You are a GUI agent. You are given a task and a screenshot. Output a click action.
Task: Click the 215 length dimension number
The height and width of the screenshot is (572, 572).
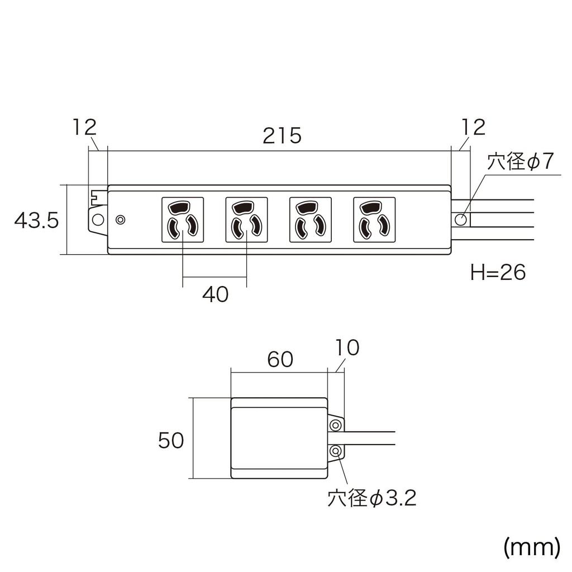[x=282, y=136]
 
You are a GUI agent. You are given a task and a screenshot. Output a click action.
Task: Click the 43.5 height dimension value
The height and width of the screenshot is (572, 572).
[x=36, y=221]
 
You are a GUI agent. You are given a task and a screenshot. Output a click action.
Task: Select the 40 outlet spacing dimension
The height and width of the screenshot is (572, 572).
[x=215, y=294]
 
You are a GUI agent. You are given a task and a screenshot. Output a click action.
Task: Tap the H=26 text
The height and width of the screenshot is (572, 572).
[x=498, y=273]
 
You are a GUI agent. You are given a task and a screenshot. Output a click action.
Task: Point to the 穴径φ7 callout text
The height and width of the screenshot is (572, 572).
[x=520, y=163]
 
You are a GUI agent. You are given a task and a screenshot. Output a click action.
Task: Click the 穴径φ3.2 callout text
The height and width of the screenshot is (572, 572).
[x=372, y=498]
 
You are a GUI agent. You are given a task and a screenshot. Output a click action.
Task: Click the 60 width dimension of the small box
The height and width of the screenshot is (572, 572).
[x=279, y=360]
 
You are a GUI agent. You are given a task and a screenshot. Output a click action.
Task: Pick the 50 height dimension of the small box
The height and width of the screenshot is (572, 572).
[x=171, y=441]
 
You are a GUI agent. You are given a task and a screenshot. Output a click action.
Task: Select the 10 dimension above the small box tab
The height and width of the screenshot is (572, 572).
[x=347, y=348]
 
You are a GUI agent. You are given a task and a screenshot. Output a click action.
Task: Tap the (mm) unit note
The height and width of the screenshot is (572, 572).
[x=531, y=547]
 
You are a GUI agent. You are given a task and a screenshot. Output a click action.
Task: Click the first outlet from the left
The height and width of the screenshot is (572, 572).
[x=183, y=220]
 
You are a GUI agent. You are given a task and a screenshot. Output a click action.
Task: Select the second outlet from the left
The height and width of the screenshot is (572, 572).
[x=246, y=220]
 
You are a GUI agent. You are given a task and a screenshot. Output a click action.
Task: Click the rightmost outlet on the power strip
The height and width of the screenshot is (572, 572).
[x=374, y=220]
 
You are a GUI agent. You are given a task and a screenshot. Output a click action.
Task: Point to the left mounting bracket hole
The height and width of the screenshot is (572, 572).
[x=97, y=219]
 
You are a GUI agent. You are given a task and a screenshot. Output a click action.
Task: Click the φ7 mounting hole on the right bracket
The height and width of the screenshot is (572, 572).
[x=461, y=219]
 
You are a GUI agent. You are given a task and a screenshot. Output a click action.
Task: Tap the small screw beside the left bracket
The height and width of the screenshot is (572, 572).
[x=120, y=220]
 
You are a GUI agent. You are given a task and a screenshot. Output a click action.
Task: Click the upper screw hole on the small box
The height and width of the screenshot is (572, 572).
[x=336, y=426]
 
